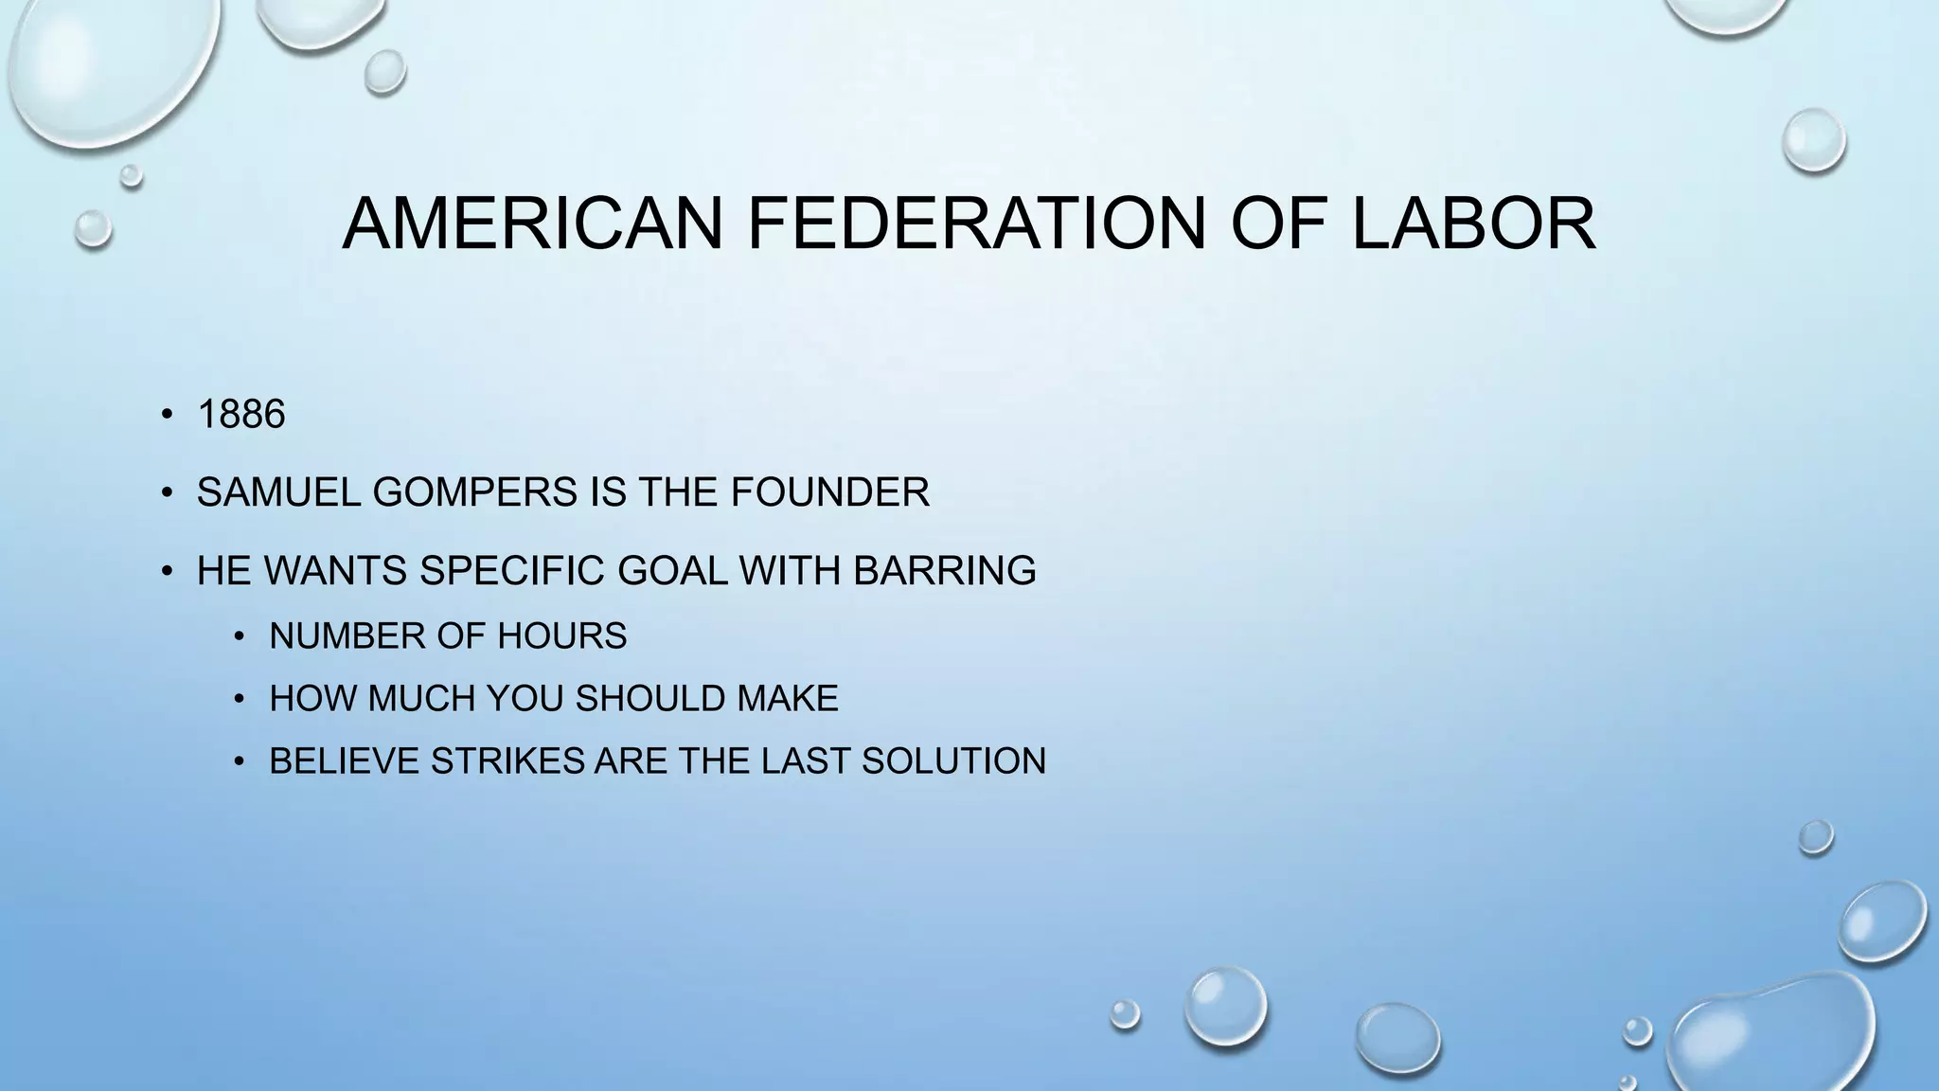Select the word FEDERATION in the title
976,224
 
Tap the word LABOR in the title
1473,224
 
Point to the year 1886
241,415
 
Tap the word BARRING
944,571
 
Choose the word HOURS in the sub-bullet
562,635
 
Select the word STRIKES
507,761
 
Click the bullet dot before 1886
167,415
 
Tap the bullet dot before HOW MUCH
240,700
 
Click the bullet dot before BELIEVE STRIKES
240,762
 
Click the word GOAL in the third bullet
672,571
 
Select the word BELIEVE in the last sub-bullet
345,761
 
